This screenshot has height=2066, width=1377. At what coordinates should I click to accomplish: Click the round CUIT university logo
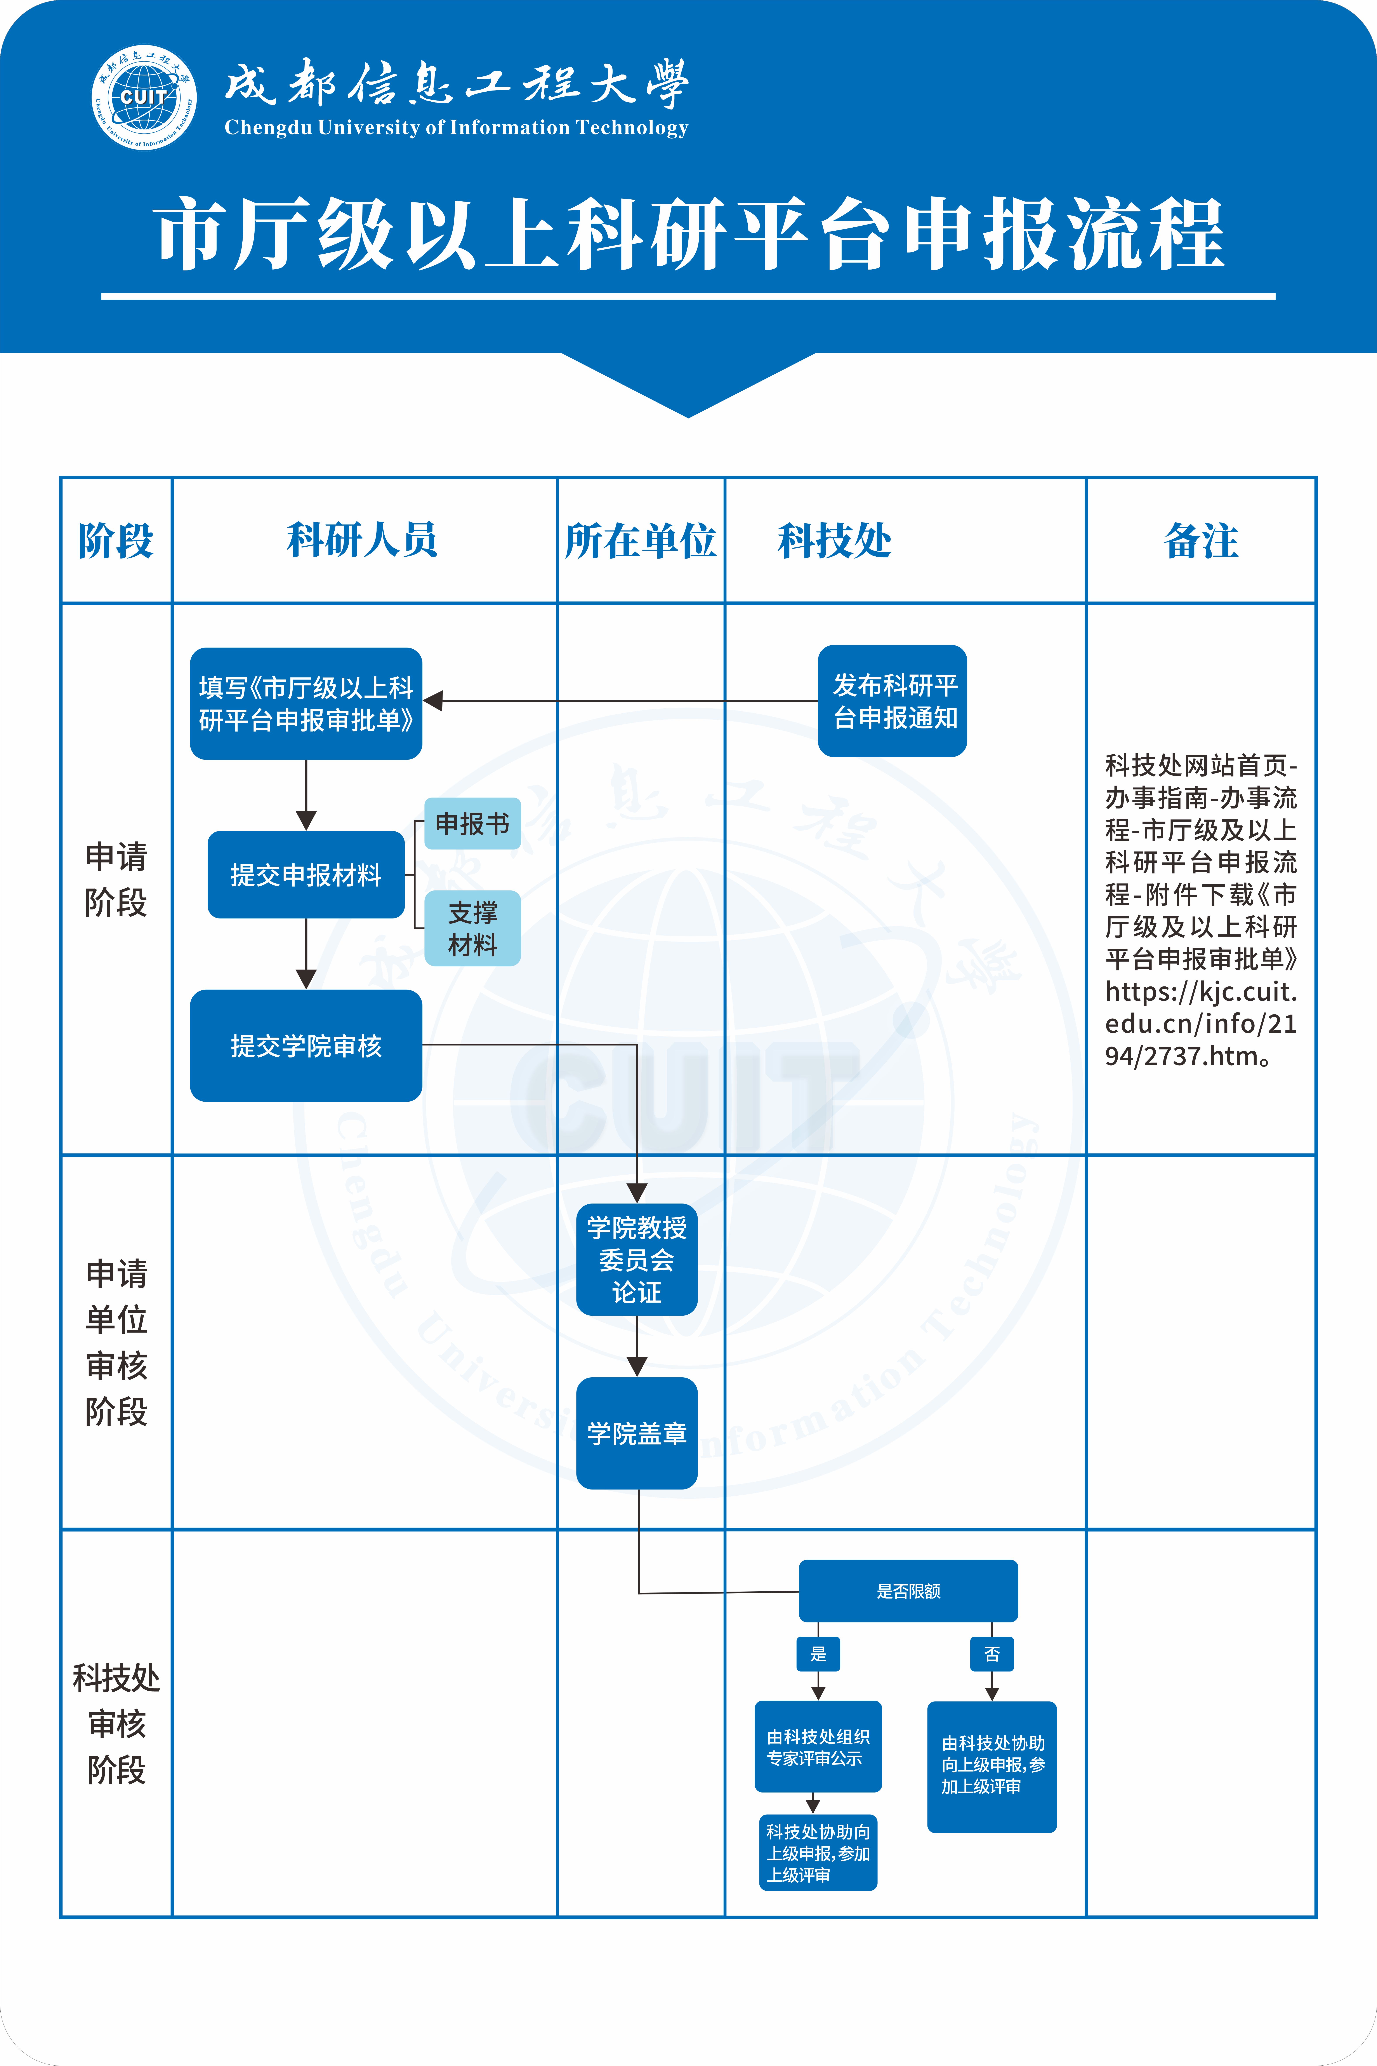point(144,98)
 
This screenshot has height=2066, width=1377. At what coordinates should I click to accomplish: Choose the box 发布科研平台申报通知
point(892,701)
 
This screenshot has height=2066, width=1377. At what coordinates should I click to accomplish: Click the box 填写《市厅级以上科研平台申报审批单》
point(306,704)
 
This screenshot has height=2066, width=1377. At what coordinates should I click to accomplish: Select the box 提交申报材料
point(306,875)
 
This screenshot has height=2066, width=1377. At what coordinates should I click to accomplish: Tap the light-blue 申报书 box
point(472,824)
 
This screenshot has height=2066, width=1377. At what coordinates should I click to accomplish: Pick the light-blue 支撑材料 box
point(472,928)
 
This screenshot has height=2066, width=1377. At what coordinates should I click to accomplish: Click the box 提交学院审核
point(306,1045)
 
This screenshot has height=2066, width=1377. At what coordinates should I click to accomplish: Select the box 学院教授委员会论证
point(637,1260)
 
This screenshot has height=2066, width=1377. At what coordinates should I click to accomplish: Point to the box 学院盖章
point(637,1434)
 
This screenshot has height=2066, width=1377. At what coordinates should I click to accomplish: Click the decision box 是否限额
point(908,1591)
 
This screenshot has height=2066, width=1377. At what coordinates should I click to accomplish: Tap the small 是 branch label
point(818,1654)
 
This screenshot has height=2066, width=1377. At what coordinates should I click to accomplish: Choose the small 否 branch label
point(992,1654)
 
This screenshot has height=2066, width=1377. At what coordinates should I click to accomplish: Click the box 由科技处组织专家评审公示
point(818,1747)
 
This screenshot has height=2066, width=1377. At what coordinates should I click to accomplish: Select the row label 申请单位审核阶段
point(116,1342)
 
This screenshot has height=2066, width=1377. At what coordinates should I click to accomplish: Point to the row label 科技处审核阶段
point(116,1723)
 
